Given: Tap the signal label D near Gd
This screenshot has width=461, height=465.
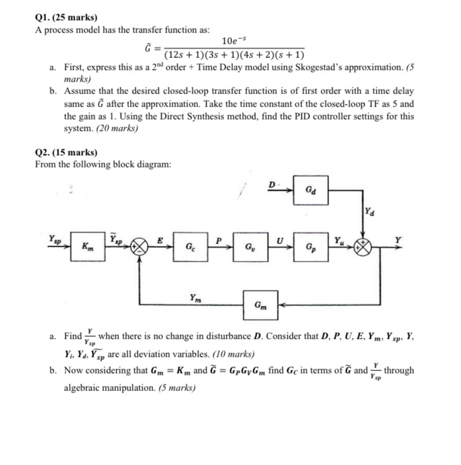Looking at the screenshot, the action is point(272,184).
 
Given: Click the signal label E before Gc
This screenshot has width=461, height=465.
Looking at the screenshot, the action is point(160,240).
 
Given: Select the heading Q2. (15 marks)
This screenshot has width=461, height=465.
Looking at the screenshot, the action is point(62,152).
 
